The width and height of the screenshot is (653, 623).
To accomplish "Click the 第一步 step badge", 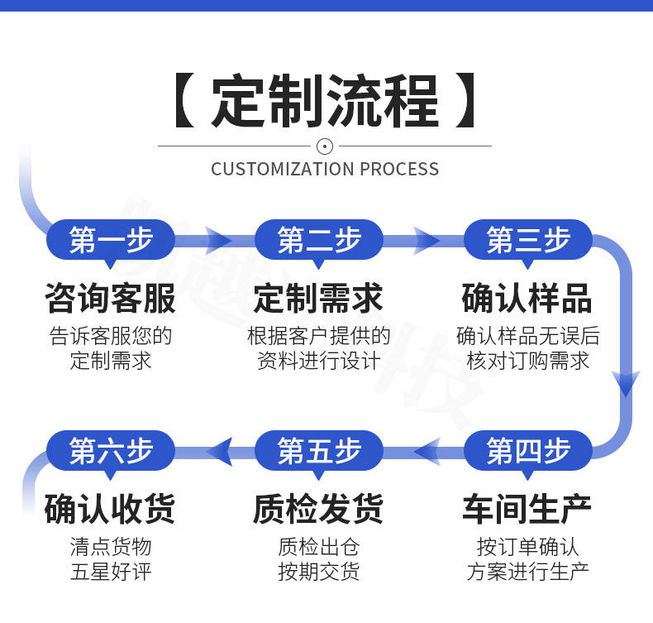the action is coord(111,241).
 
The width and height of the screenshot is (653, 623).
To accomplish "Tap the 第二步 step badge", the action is coord(319,241).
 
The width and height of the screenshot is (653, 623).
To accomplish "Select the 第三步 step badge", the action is coord(528,241).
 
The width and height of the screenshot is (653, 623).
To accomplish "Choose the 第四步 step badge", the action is coord(528,451).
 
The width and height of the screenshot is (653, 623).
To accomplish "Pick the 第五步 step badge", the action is coord(319,451).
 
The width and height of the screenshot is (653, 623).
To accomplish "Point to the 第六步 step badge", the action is coord(111,451).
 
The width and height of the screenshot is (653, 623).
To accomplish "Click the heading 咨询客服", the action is coord(111,299).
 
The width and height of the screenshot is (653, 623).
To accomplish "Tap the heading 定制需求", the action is coord(319,299).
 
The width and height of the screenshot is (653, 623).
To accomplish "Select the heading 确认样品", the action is coord(528,299).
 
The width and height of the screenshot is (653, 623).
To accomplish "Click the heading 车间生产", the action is coord(528,509).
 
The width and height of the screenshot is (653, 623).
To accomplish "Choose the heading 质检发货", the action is coord(319,509).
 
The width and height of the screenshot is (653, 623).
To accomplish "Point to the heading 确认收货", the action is coord(111,509).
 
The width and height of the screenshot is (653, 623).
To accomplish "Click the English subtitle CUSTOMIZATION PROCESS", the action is coord(325,169).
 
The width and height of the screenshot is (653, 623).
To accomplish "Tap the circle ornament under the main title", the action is coord(325,146).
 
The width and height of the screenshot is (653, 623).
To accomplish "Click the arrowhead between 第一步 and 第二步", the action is coord(218,241).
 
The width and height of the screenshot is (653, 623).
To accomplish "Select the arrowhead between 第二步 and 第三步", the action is coord(427,241).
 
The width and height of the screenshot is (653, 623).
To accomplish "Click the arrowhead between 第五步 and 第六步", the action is coord(219,451).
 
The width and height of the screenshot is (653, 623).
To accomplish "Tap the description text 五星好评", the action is coord(111,571).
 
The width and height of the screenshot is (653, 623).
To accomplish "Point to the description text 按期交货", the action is coord(319,571).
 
